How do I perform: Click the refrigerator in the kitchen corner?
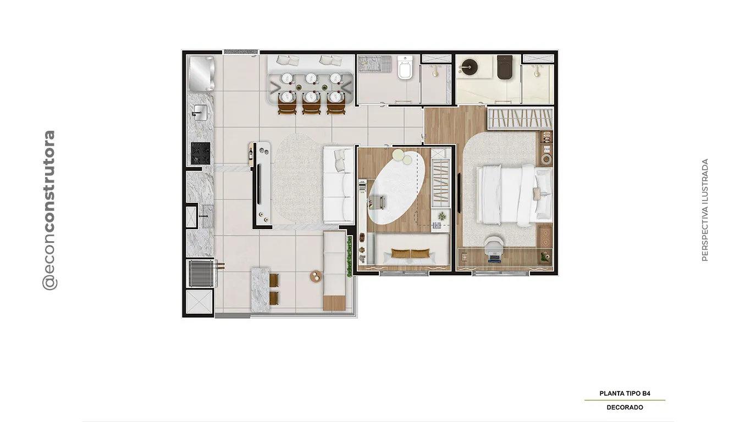coord(201,74)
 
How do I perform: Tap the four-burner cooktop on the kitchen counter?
coord(201,153)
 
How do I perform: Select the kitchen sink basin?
coord(200,112)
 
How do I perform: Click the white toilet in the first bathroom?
coord(405,68)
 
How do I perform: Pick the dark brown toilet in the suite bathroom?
coord(505,68)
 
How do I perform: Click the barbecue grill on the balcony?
coord(201,274)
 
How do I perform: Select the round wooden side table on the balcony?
coord(316,276)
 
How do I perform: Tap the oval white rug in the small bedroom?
coord(396,188)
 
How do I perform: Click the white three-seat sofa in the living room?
coord(338,185)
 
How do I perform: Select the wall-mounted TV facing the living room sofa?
coord(259,184)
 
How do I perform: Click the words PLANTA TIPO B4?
coord(625,393)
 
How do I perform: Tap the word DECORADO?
coord(625,408)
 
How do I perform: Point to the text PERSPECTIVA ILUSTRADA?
coord(705,210)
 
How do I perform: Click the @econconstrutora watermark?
coord(49,210)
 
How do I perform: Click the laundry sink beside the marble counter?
coord(207,216)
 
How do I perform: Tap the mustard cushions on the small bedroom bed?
coord(410,254)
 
